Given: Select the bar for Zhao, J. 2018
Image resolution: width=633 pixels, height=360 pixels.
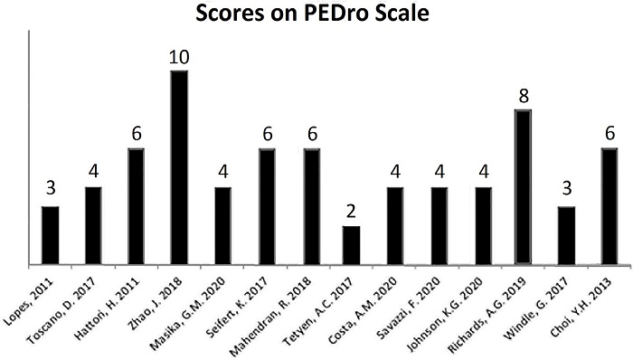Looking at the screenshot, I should (x=179, y=168).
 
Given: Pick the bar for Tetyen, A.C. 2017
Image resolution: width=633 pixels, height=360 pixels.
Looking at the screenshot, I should (x=351, y=246).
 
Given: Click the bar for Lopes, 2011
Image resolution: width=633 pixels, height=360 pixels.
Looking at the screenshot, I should (x=51, y=236).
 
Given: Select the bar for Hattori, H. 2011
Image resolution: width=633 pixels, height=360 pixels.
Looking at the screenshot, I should (x=137, y=207).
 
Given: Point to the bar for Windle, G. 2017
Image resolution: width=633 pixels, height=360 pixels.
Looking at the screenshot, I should (x=566, y=236).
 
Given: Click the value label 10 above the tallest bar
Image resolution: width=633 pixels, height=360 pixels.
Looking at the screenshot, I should (x=179, y=58).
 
